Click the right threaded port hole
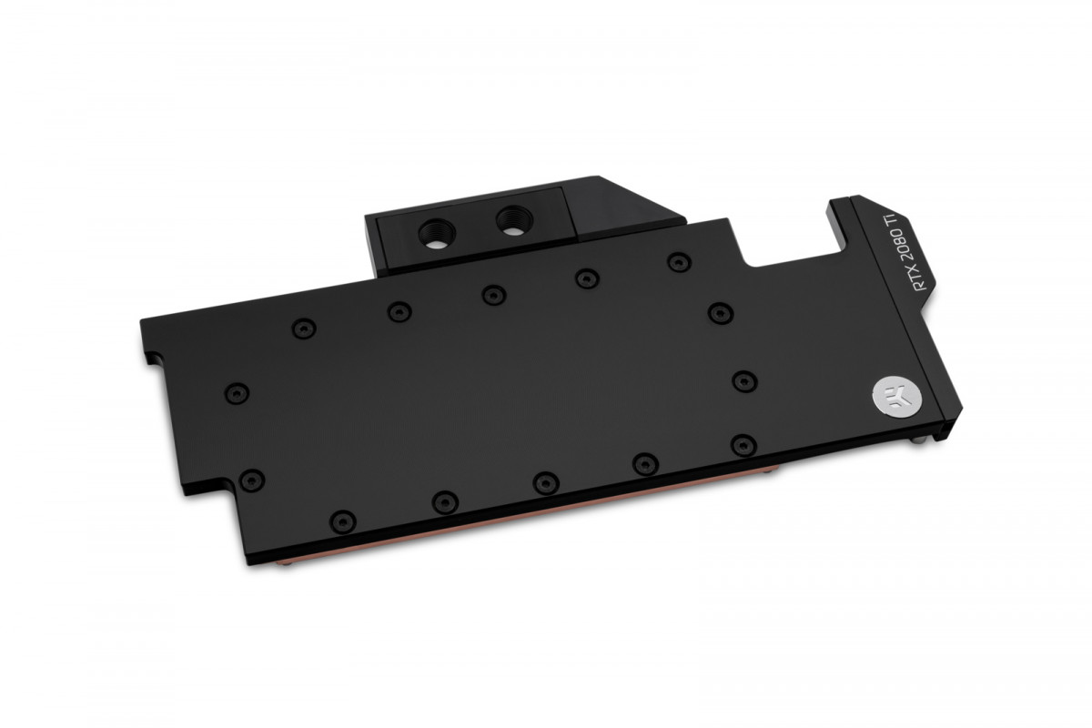[506, 218]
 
